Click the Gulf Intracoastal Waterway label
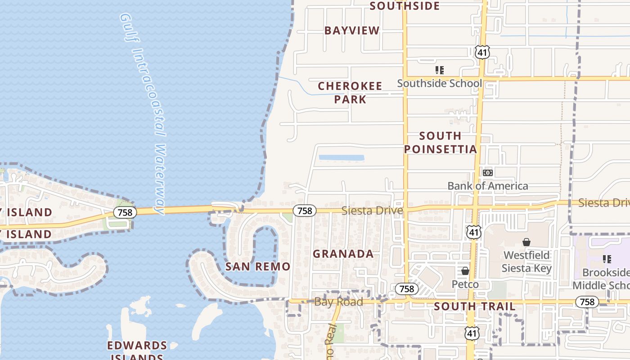click(x=143, y=112)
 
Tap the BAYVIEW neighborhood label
click(x=352, y=31)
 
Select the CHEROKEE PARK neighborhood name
click(x=350, y=92)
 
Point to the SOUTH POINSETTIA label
click(x=440, y=142)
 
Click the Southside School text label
click(x=439, y=83)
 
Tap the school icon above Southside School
click(x=440, y=70)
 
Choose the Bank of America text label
click(x=488, y=186)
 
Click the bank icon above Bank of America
click(x=488, y=173)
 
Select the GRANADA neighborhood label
click(x=343, y=254)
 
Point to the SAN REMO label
click(x=258, y=266)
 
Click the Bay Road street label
click(x=338, y=301)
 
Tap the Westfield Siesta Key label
click(x=526, y=262)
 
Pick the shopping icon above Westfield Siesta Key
click(x=526, y=243)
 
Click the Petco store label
click(x=465, y=284)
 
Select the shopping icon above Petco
click(x=465, y=271)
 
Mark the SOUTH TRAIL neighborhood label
click(x=475, y=307)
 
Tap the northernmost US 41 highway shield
click(x=482, y=52)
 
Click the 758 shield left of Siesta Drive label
click(x=305, y=211)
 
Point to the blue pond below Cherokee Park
click(x=341, y=158)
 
